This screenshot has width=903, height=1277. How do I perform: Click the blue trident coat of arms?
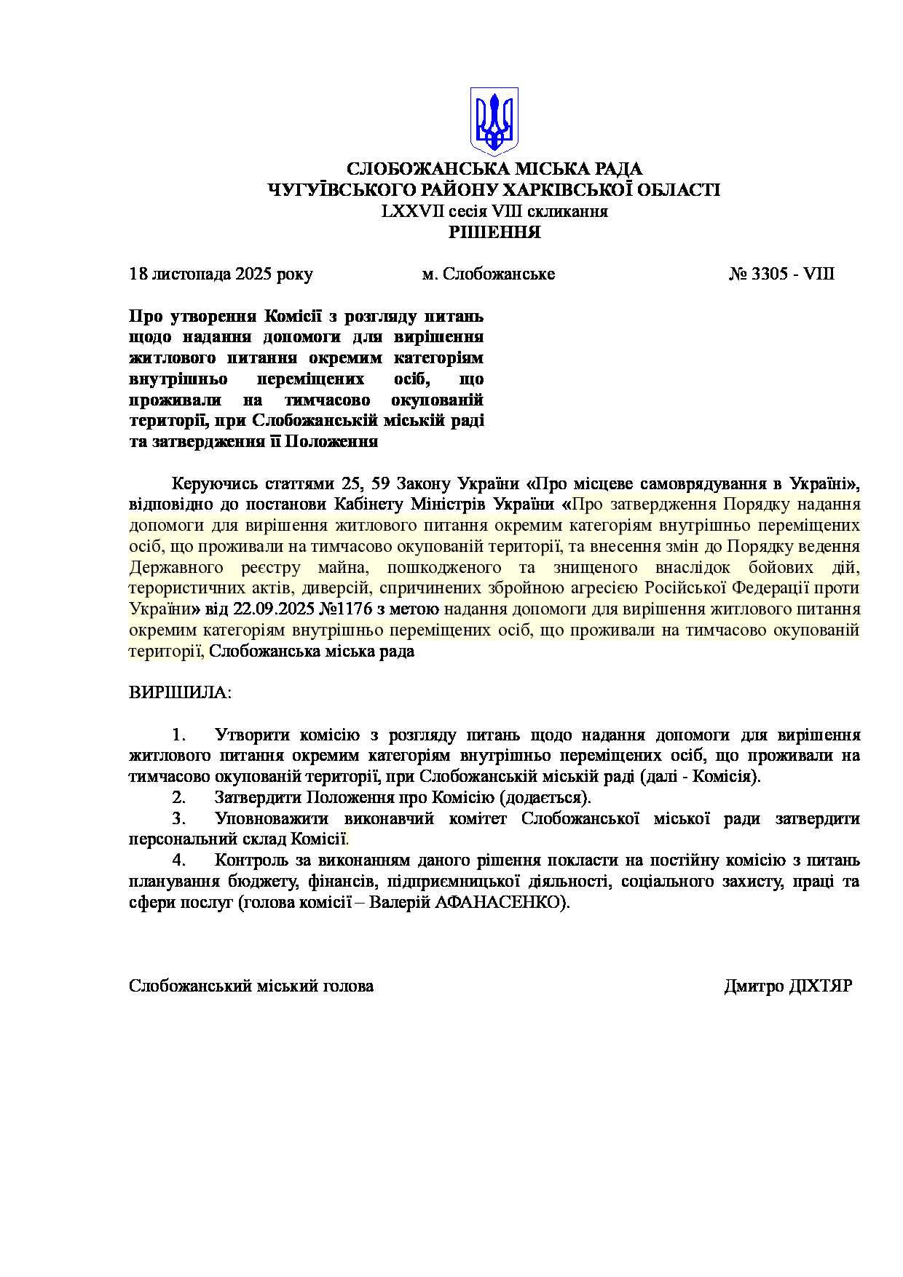pos(494,121)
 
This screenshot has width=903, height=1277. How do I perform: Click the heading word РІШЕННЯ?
pos(494,233)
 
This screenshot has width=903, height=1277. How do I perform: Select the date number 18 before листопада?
pos(138,274)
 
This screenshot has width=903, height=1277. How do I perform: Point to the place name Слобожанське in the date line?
pos(499,274)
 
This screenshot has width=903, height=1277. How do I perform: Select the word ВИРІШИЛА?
pos(179,692)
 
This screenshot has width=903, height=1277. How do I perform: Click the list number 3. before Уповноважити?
pos(178,819)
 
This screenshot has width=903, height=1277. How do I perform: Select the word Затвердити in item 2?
pos(258,798)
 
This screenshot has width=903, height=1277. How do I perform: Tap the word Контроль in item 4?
pos(251,861)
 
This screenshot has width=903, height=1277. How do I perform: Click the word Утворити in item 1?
pos(252,735)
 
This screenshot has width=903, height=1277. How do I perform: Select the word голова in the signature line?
pos(350,987)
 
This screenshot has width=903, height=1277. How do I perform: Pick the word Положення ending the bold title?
pos(331,442)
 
